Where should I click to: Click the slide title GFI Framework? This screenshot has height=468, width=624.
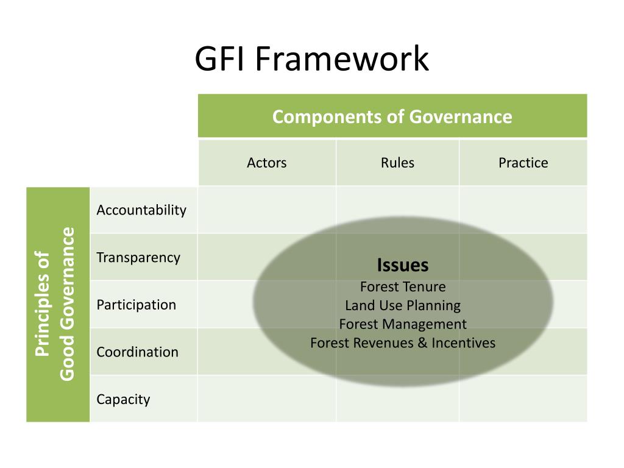pos(312,60)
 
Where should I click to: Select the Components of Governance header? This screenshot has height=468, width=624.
pos(392,116)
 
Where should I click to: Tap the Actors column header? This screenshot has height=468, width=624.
pos(266,163)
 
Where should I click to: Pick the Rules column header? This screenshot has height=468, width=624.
pos(397,163)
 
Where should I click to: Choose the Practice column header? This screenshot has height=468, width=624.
pos(523,163)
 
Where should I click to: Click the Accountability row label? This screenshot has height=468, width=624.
pos(141,210)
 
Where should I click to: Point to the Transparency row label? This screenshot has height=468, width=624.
pos(138,257)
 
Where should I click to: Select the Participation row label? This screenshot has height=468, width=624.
pos(136,305)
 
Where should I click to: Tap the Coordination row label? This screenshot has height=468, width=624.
pos(137,352)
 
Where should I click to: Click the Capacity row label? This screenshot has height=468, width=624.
pos(123,400)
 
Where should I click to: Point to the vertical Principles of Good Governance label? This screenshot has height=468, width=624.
pos(58,304)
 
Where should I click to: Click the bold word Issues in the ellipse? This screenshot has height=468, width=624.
pos(403,265)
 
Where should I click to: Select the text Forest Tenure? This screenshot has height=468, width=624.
pos(403,286)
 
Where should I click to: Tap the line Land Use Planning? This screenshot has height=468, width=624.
pos(403,305)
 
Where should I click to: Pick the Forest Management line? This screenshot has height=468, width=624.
pos(403,324)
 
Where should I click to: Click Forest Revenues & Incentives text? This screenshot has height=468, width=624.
pos(403,343)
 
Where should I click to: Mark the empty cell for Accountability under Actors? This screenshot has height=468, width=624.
pos(266,210)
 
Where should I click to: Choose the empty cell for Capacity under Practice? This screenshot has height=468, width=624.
pos(523,399)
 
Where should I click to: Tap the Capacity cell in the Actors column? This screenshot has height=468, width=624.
pos(266,399)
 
